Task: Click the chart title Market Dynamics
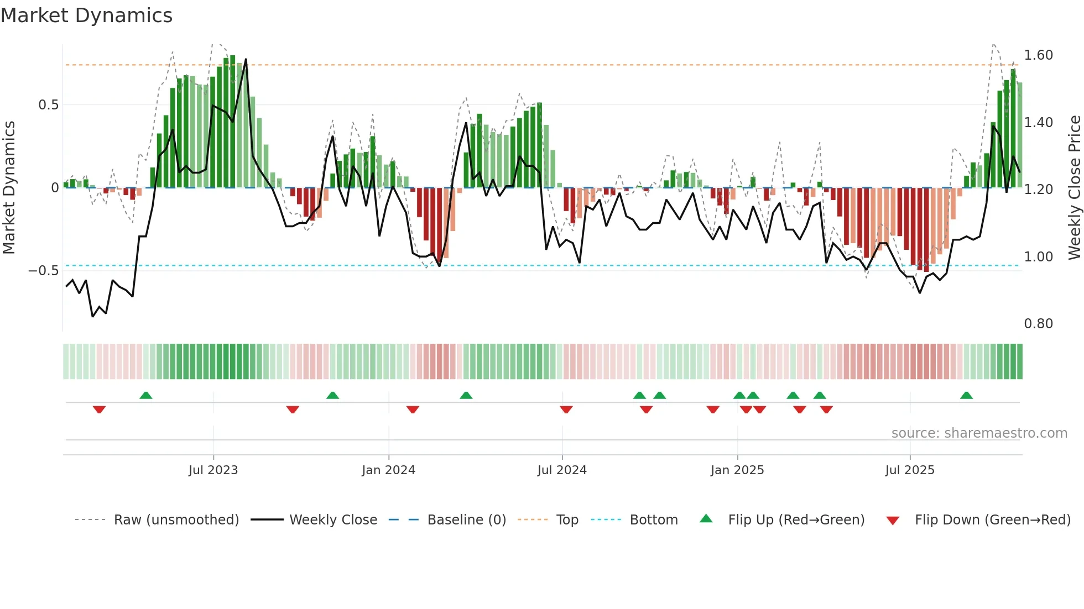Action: coord(86,15)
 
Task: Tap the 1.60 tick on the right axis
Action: coord(1038,55)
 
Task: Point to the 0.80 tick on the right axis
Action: coord(1038,324)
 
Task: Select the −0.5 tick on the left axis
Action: coord(43,271)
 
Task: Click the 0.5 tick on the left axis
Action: coord(48,105)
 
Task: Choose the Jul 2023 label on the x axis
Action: coord(213,470)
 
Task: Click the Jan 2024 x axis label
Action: coord(388,470)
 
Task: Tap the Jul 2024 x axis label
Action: coord(562,470)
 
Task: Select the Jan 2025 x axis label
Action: coord(737,470)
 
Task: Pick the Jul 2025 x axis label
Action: coord(910,470)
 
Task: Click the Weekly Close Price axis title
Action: coord(1074,188)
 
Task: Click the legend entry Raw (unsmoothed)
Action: coord(176,520)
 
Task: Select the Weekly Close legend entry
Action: coord(333,520)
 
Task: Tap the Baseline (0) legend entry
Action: coord(466,520)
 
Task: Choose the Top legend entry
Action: coord(567,520)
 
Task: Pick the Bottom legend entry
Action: coord(653,520)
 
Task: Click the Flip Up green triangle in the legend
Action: coord(706,518)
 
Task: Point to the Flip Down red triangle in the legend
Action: coord(893,521)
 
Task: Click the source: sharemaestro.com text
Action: coord(979,433)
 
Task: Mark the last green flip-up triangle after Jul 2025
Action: coord(966,396)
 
